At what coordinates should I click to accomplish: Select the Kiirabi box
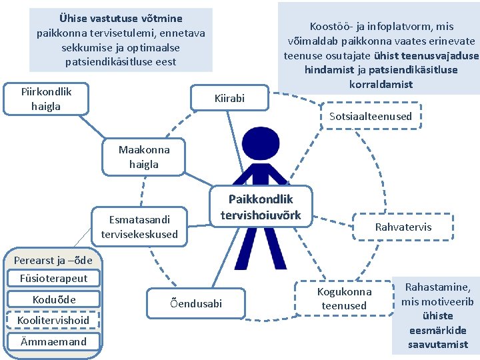click(229, 99)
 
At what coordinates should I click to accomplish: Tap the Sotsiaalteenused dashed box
click(371, 116)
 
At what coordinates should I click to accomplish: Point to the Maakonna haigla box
click(143, 157)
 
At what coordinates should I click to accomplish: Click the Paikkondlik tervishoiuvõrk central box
click(261, 207)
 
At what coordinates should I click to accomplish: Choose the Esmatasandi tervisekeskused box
click(139, 227)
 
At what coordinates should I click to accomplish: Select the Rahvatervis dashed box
click(403, 227)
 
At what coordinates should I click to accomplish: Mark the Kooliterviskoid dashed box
click(53, 320)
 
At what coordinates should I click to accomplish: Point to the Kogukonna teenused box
click(344, 299)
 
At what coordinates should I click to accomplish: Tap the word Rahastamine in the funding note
click(437, 287)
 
